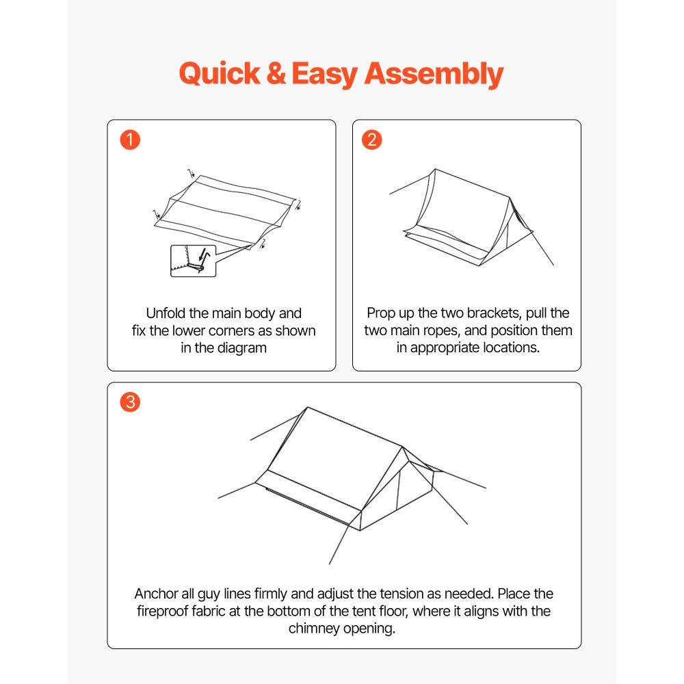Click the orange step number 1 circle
coord(129,140)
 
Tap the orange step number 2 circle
coord(372,140)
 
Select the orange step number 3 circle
coord(129,402)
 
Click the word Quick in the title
coord(219,74)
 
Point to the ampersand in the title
coord(275,74)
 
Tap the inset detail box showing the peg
coord(192,261)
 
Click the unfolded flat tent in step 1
coord(226,209)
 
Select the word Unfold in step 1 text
coord(166,314)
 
